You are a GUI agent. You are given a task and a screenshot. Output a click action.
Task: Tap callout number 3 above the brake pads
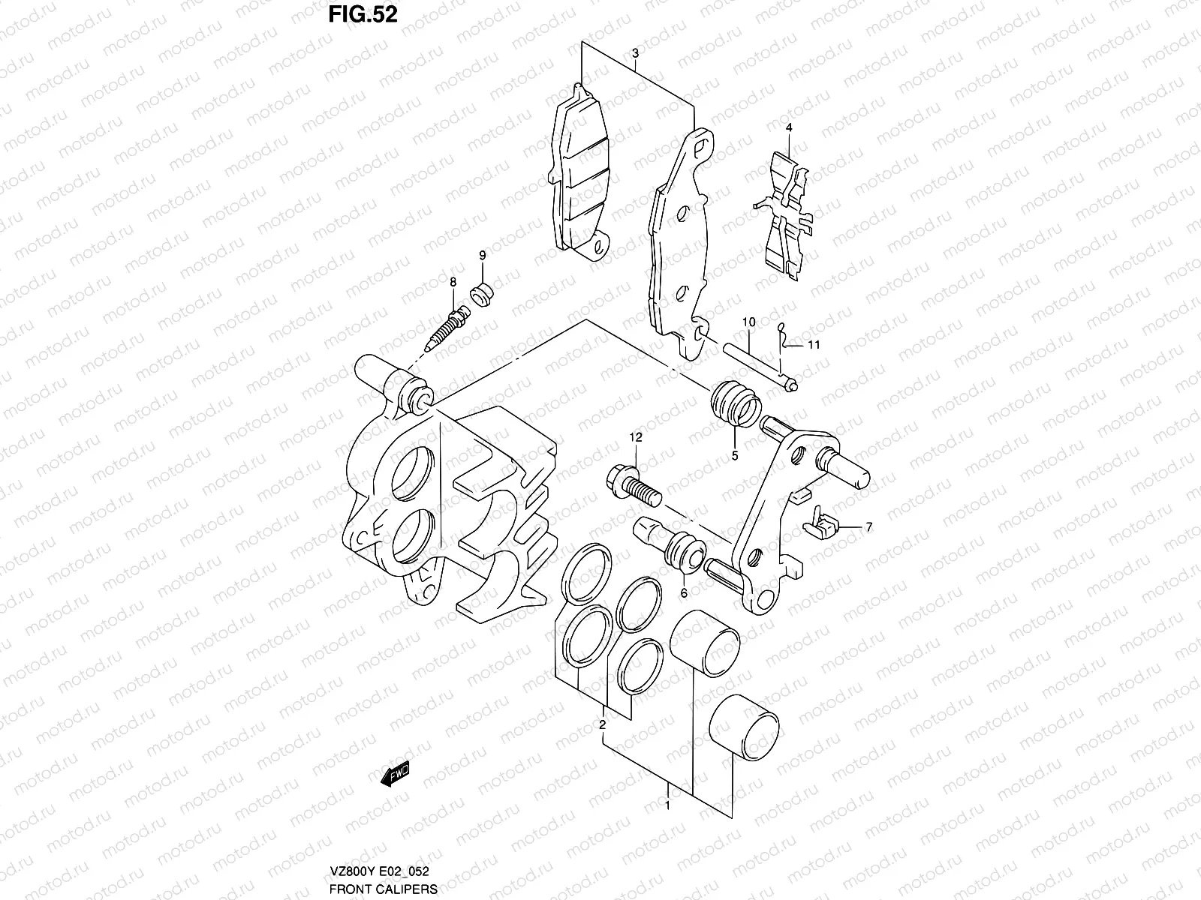(635, 54)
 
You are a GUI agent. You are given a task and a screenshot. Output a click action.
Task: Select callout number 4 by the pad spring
(789, 127)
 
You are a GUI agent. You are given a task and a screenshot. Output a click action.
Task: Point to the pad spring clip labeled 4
(784, 211)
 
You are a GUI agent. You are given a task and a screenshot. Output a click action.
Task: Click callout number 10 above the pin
(748, 322)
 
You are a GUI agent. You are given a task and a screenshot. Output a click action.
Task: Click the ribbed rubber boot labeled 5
(736, 406)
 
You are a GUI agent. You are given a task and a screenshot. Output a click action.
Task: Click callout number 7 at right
(868, 527)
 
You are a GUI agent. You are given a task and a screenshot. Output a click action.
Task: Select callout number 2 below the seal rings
(601, 724)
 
